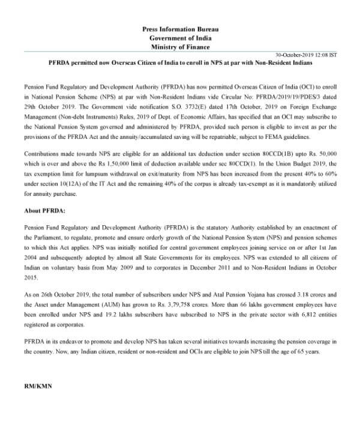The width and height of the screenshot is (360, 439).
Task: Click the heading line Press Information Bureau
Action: (180, 29)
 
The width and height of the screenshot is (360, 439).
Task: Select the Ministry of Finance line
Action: (180, 47)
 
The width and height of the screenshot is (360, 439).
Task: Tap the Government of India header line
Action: (180, 38)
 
